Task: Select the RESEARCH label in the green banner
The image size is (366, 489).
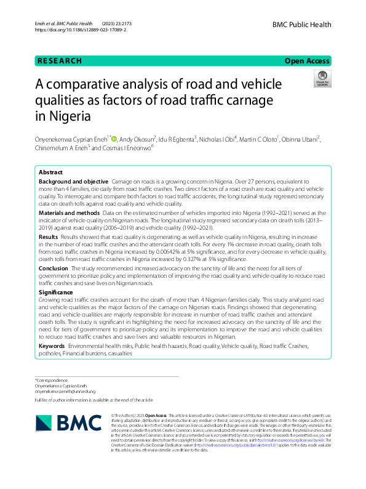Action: click(x=60, y=61)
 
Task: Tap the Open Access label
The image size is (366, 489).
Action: click(x=307, y=61)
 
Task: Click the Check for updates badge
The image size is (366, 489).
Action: click(x=321, y=79)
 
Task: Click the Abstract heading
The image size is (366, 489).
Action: click(x=50, y=173)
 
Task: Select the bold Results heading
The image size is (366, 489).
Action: click(x=49, y=236)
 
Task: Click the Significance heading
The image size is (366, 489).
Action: click(x=56, y=291)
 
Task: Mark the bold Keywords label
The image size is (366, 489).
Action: click(x=52, y=347)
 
